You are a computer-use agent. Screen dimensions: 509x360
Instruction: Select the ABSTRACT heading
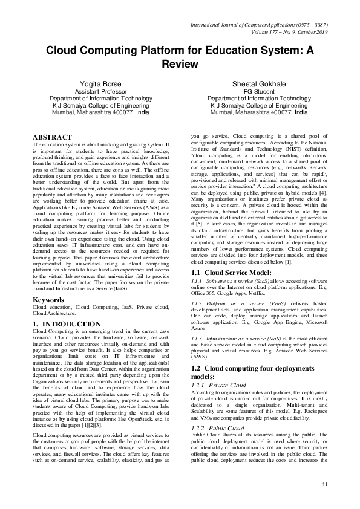(52, 138)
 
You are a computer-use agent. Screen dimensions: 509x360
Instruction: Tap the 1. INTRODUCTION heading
(67, 325)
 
